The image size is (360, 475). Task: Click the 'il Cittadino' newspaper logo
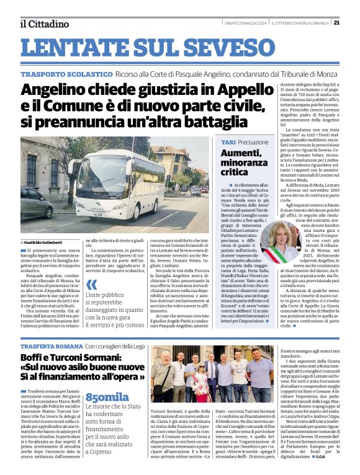click(x=44, y=24)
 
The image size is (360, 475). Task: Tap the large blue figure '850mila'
click(x=107, y=397)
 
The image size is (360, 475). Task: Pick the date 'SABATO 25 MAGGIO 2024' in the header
click(x=245, y=23)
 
